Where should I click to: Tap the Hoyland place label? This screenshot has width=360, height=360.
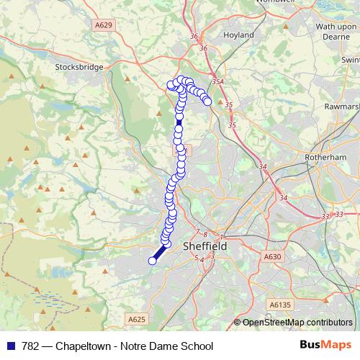coord(238,34)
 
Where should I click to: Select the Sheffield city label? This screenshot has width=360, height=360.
coord(205,246)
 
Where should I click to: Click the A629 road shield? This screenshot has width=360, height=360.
coord(104,24)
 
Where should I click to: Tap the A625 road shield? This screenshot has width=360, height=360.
coord(136,318)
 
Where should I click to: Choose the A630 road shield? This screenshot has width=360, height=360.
coord(272,256)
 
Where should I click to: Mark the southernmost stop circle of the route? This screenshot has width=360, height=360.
coord(153,261)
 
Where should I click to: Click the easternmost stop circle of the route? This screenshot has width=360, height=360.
coord(207,102)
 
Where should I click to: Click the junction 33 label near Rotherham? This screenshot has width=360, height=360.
coord(326,215)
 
